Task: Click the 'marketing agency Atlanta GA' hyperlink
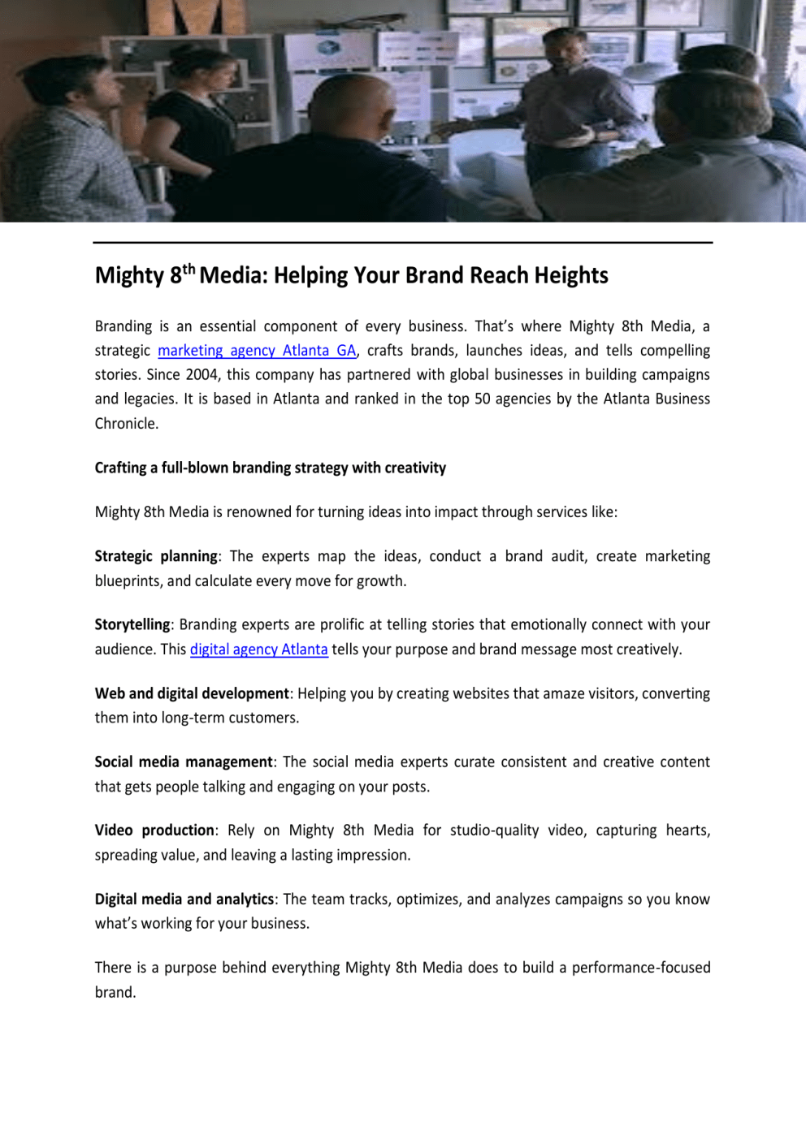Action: [257, 351]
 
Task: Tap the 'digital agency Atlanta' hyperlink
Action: [258, 649]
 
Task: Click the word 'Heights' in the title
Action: [571, 276]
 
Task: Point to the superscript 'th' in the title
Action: [188, 269]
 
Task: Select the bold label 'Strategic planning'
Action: [156, 556]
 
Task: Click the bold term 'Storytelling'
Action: [132, 624]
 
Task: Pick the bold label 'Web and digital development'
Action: [192, 693]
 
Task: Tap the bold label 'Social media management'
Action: [184, 761]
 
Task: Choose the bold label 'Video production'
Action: [154, 830]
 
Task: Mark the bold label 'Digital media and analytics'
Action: [184, 899]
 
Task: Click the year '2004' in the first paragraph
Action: [201, 374]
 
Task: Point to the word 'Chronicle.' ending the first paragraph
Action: [127, 423]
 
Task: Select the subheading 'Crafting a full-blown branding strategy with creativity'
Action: [270, 468]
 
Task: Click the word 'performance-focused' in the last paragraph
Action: [641, 967]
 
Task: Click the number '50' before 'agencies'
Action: [483, 399]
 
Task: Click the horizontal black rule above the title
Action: [402, 242]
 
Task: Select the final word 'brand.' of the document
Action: [115, 992]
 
